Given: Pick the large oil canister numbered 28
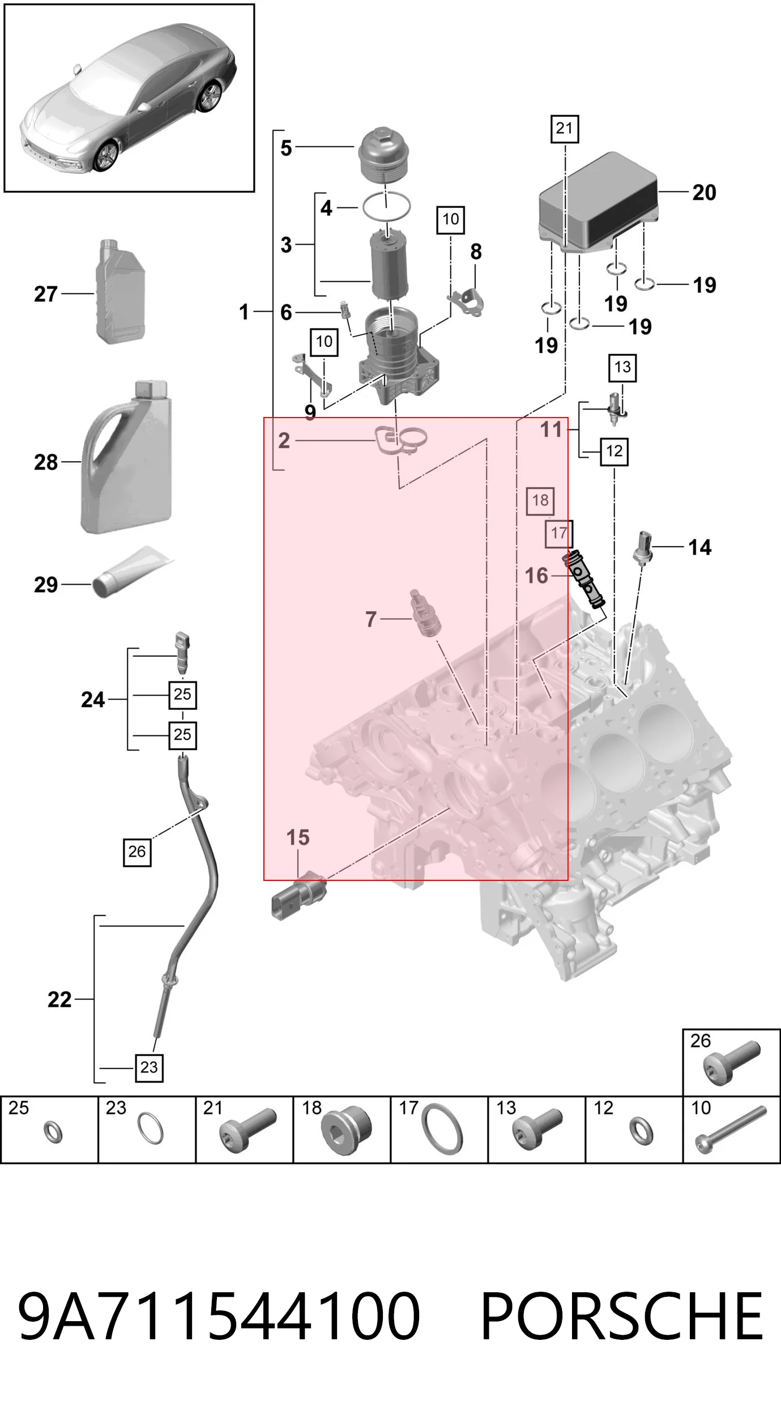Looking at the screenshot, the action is pos(126,458).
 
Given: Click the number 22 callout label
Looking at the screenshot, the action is pos(59,999).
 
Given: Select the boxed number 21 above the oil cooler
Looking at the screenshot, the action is pos(565,129).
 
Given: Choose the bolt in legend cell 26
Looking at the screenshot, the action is pos(731,1063).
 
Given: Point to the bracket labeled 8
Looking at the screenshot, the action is pos(467,301).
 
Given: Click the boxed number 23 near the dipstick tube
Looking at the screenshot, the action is pos(149,1067).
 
